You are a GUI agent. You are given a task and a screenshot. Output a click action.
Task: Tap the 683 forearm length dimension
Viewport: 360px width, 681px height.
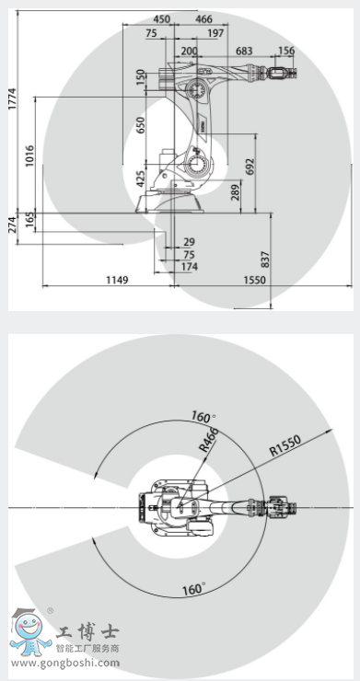pyautogui.click(x=244, y=51)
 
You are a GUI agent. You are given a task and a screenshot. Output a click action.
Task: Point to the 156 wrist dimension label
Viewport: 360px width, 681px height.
pyautogui.click(x=286, y=51)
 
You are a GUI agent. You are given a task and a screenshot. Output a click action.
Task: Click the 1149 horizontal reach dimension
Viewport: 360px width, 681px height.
pyautogui.click(x=118, y=280)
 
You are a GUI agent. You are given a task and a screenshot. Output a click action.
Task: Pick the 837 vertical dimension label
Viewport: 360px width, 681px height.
pyautogui.click(x=265, y=260)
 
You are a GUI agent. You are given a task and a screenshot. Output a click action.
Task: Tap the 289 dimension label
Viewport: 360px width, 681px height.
pyautogui.click(x=235, y=192)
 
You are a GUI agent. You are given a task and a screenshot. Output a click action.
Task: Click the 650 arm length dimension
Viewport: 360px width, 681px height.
pyautogui.click(x=141, y=125)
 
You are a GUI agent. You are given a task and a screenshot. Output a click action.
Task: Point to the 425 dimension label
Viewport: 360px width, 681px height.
pyautogui.click(x=141, y=179)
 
